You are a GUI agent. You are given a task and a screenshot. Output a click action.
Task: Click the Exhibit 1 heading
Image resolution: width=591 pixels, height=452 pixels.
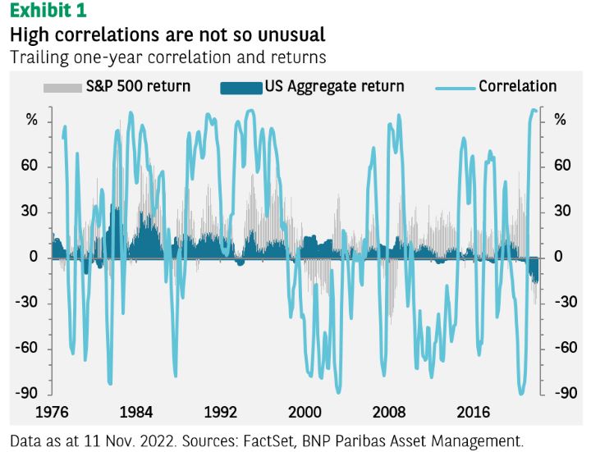coord(47,11)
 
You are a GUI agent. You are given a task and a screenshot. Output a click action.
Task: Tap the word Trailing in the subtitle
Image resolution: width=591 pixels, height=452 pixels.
coord(37,57)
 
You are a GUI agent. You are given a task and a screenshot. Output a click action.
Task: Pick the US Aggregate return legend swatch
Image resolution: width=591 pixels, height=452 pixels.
coord(240,87)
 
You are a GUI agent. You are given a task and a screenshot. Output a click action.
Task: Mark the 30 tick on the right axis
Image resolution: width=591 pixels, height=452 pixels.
coord(561,212)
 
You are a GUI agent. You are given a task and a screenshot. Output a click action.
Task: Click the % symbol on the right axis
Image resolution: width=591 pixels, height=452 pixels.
coord(560,121)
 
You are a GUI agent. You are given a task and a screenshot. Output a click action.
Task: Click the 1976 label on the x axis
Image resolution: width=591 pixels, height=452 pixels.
coord(51,411)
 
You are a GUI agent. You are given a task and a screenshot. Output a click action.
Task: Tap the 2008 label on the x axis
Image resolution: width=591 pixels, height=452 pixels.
coord(389,411)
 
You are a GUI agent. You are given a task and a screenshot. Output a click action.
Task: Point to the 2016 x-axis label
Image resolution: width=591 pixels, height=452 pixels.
coord(474,411)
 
